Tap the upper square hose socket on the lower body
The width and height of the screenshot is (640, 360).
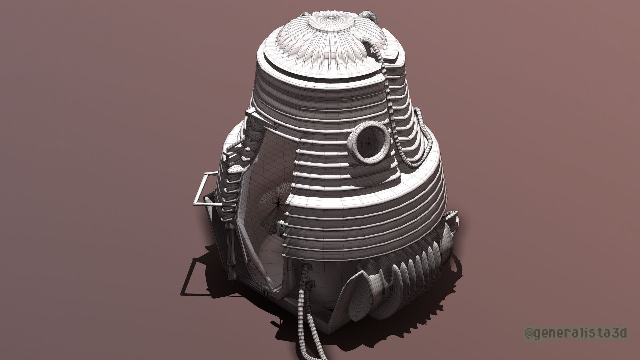pos(305,267)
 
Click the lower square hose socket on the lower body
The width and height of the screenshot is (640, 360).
pos(311,285)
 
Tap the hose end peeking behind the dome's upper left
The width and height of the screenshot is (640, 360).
pos(305,15)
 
